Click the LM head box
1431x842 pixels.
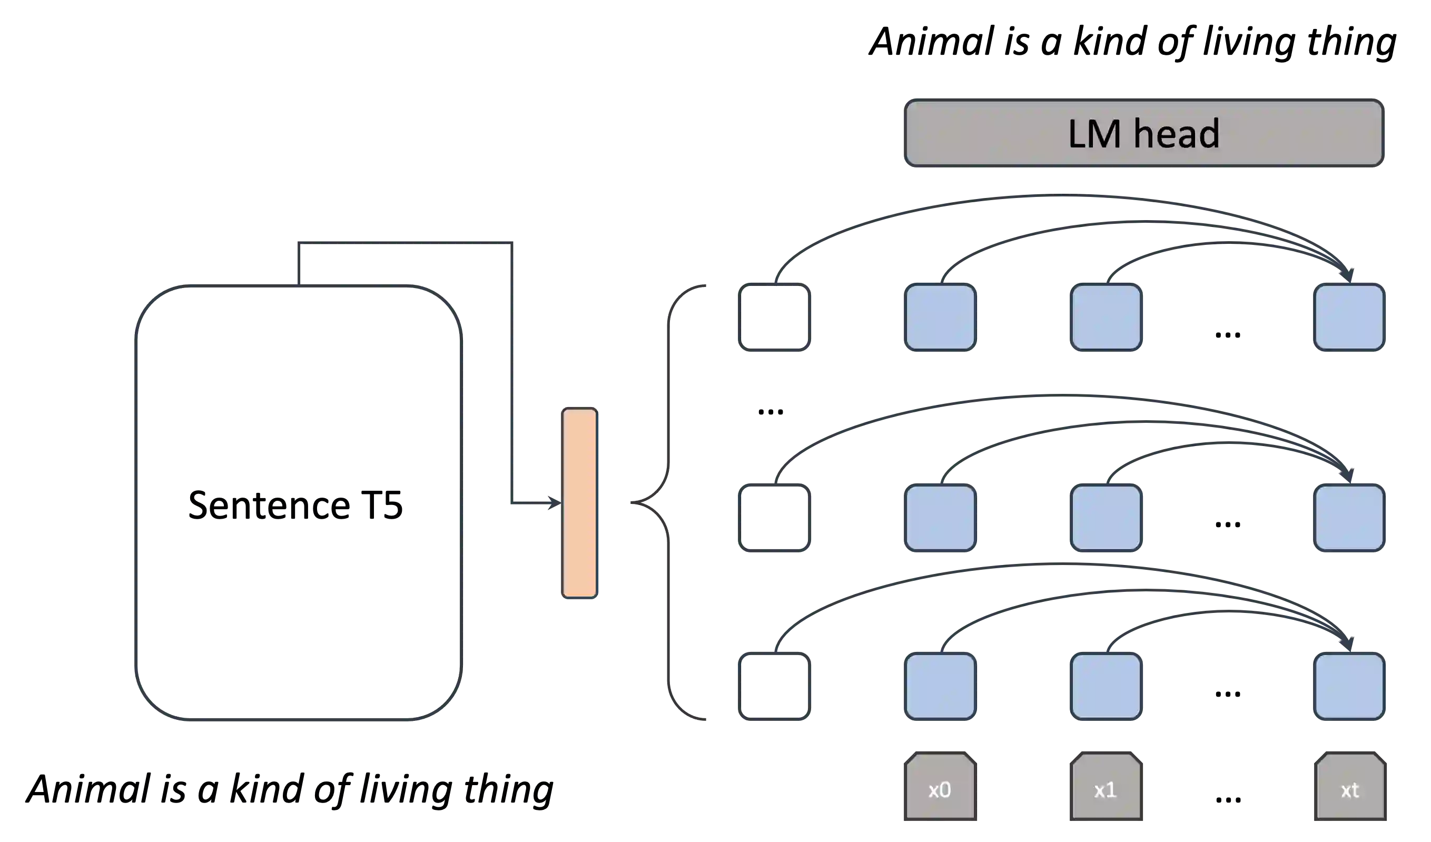[x=1143, y=133]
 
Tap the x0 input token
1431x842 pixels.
[x=940, y=787]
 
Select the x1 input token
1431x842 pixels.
[x=1106, y=787]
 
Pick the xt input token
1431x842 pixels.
[x=1349, y=787]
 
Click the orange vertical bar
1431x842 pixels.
[x=579, y=503]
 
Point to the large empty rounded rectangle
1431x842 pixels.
[x=297, y=503]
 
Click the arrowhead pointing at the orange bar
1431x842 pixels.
[x=554, y=503]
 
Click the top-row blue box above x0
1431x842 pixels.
[x=940, y=318]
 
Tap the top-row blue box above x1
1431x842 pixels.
[x=1106, y=318]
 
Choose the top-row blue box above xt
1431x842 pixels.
[x=1349, y=318]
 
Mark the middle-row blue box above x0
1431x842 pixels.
[x=940, y=517]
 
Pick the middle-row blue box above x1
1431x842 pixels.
[x=1106, y=517]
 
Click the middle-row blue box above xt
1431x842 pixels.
[x=1349, y=517]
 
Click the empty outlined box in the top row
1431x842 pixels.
[x=775, y=318]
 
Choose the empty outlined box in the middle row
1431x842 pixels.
[x=775, y=517]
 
